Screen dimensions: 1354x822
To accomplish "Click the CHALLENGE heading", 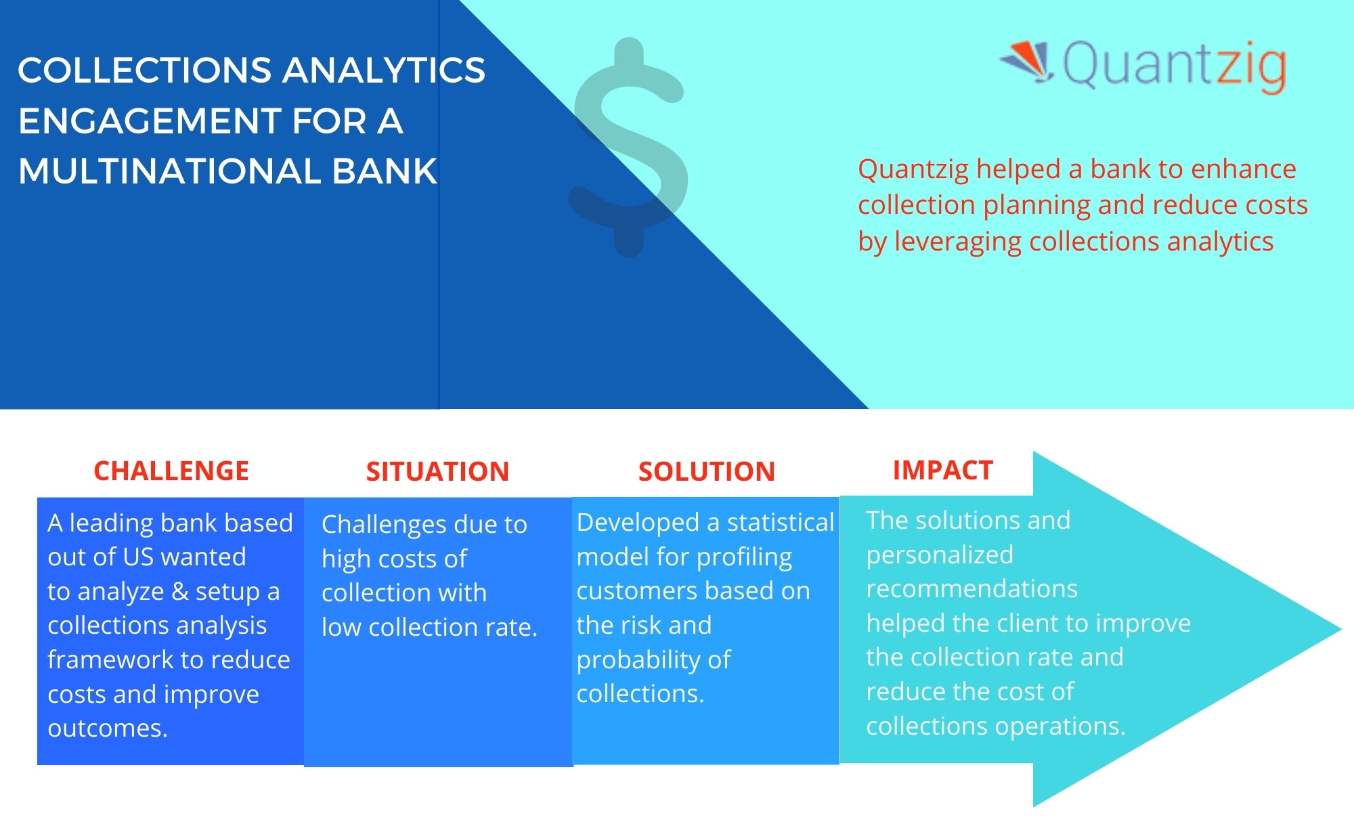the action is pos(171,471).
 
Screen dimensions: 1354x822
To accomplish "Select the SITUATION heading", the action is pos(437,471).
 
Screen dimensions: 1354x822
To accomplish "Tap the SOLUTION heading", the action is pos(707,471).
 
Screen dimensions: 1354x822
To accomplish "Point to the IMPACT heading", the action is pos(943,470).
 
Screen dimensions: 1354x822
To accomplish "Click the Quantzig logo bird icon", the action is pos(1028,61).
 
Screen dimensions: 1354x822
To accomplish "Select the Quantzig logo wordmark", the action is pos(1175,66).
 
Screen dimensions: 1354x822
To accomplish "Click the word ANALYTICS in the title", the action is pos(384,70).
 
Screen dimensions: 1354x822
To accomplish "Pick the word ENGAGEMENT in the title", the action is pos(150,121).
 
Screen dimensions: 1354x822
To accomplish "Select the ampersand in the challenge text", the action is pos(180,591).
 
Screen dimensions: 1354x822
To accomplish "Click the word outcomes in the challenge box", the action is pos(108,729).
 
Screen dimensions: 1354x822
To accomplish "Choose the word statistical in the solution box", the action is pos(781,522).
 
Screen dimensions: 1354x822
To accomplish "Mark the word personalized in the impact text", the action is pos(940,555).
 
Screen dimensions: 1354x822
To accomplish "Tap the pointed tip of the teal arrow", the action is pos(1341,629).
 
